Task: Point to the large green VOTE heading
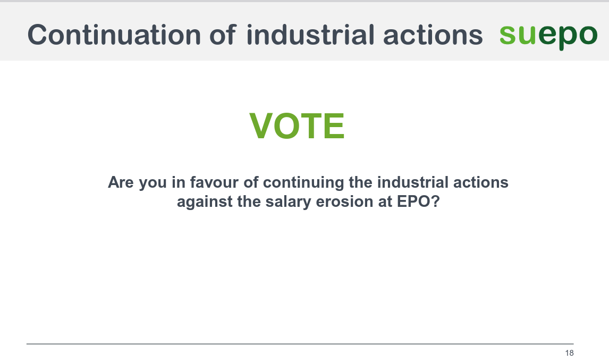point(297,127)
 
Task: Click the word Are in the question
point(121,182)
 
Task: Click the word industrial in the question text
point(405,182)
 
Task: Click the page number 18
point(569,353)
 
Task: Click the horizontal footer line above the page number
point(300,344)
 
